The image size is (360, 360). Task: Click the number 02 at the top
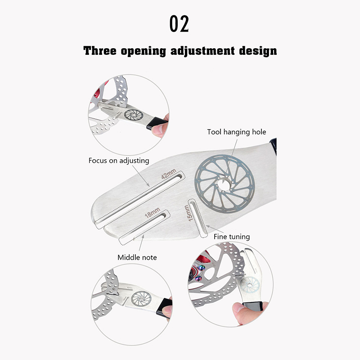click(179, 24)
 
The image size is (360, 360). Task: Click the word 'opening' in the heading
click(143, 51)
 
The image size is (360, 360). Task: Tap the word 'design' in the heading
click(258, 51)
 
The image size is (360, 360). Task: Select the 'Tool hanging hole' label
click(237, 132)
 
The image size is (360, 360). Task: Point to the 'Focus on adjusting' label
click(119, 161)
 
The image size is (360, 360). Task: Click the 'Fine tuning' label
click(232, 237)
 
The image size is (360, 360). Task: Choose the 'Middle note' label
click(137, 257)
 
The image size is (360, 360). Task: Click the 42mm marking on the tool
click(169, 174)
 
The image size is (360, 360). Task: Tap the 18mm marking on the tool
click(153, 213)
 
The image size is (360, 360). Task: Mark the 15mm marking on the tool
click(187, 213)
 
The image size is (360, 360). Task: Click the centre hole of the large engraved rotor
click(224, 184)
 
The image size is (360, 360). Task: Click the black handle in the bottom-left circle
click(164, 307)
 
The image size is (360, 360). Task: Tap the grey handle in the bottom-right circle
click(253, 306)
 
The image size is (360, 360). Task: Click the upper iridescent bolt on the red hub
click(202, 268)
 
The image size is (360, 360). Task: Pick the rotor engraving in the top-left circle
click(134, 115)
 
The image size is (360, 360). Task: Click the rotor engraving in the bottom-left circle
click(141, 299)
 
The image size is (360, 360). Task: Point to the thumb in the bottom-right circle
click(239, 311)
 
